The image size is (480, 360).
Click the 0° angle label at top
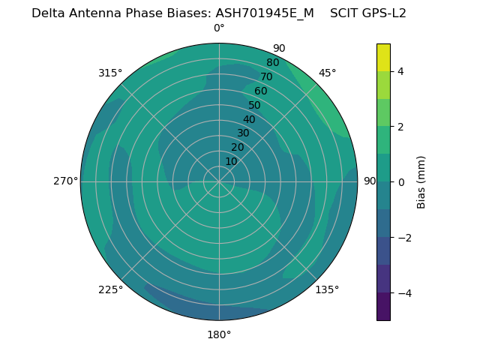(219, 28)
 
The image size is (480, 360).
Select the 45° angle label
(327, 73)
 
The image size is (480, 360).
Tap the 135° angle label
(327, 289)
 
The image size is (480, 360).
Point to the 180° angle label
(219, 334)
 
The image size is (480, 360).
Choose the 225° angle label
(110, 289)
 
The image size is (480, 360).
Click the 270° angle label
(65, 181)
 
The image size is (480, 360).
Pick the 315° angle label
(110, 73)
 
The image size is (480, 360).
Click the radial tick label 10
(231, 161)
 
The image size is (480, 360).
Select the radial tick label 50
(254, 105)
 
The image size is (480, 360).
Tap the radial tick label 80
(272, 62)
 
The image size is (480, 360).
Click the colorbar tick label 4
(401, 71)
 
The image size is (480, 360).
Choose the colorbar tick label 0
(401, 181)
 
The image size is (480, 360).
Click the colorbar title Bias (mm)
(421, 181)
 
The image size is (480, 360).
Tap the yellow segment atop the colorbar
(383, 58)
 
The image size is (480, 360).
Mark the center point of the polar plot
(219, 181)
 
